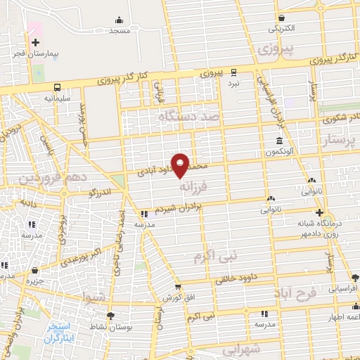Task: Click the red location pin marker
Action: pos(181,165)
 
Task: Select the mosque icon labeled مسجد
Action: pos(119,20)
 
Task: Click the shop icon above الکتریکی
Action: pos(281,18)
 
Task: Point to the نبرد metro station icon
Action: pos(233,71)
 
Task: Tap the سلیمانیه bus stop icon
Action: pos(56,87)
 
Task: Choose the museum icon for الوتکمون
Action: pos(280,141)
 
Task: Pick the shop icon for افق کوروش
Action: pos(179,288)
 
